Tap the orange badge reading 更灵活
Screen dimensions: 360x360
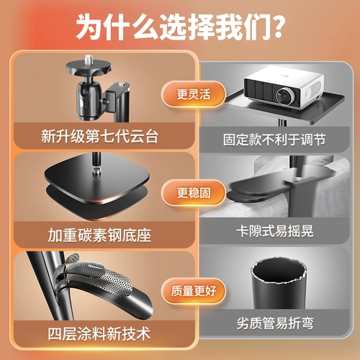point(194,94)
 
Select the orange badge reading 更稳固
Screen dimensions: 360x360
point(194,193)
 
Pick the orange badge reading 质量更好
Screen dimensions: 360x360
point(194,291)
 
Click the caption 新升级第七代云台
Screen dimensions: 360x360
point(100,136)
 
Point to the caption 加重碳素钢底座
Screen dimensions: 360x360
point(100,235)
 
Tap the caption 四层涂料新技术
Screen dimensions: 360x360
point(99,333)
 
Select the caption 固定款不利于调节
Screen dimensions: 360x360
point(274,140)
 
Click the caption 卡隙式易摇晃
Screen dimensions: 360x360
point(275,231)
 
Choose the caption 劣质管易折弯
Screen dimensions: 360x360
point(275,323)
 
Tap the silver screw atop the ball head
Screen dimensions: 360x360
point(89,60)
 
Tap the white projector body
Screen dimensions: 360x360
point(284,87)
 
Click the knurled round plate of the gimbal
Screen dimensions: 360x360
point(89,67)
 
